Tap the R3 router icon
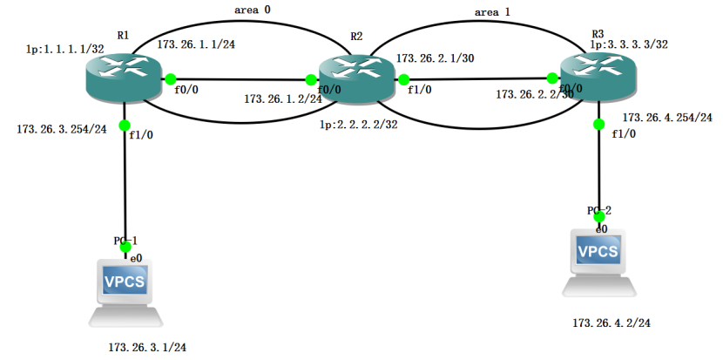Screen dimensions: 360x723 598,77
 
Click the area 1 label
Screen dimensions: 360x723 493,13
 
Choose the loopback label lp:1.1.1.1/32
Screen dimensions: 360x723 60,50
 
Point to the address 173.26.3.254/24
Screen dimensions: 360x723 61,130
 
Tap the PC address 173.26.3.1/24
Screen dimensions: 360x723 147,347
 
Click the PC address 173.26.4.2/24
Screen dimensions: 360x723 612,323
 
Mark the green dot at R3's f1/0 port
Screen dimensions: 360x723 598,124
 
